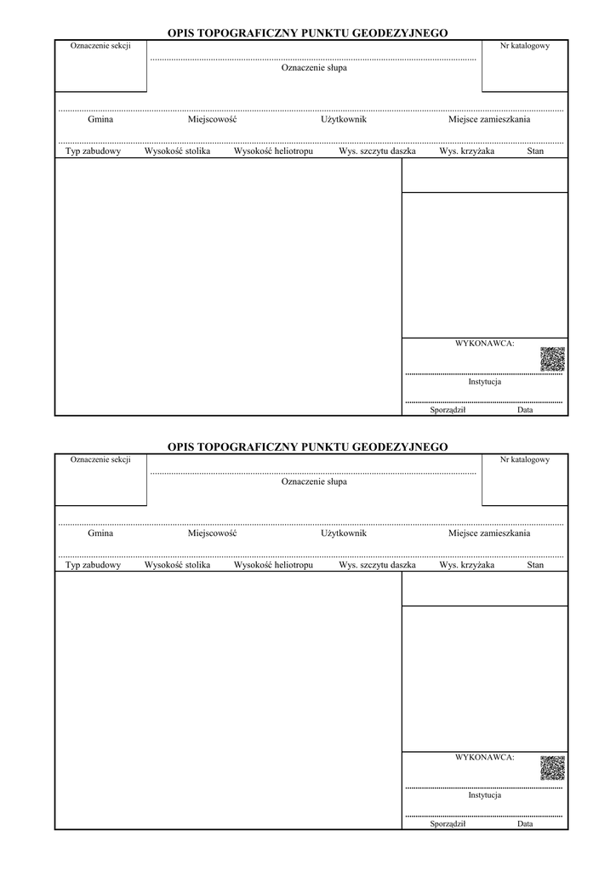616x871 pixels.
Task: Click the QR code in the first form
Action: coord(552,359)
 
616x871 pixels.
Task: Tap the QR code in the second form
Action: coord(552,768)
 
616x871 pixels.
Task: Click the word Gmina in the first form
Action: coord(100,119)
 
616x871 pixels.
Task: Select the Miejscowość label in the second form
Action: coord(212,533)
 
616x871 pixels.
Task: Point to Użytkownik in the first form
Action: coord(344,119)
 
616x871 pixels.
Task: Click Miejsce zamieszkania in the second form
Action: coord(489,533)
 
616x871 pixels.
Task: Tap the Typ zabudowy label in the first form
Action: coord(94,151)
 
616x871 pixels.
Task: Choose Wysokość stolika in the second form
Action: coord(177,565)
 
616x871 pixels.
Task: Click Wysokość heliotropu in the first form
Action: coord(273,151)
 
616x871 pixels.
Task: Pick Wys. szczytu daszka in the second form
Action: coord(377,565)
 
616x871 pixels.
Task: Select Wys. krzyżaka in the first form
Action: coord(466,151)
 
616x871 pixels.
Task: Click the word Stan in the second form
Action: coord(535,565)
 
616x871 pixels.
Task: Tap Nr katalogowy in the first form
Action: coord(525,45)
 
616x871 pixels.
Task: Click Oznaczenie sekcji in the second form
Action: coord(100,459)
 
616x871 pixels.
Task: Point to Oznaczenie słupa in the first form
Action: coord(314,68)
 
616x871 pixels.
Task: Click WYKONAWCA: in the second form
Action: coord(485,756)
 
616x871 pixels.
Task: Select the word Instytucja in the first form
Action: coord(485,382)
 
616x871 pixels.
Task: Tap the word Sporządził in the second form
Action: coord(448,823)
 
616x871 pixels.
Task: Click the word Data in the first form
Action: coord(525,410)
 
